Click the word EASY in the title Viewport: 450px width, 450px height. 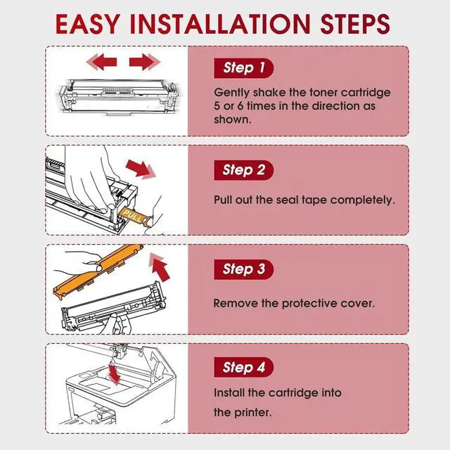[x=87, y=24]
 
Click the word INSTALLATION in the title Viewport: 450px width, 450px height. [x=220, y=24]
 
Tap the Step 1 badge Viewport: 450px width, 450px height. [x=244, y=68]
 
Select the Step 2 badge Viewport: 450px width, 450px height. [x=244, y=170]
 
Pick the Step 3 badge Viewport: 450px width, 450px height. [x=244, y=269]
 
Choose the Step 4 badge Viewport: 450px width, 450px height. [x=244, y=367]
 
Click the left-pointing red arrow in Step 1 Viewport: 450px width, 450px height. [x=101, y=62]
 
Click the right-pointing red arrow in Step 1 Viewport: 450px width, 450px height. [x=145, y=62]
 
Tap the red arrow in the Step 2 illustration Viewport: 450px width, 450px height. [x=141, y=169]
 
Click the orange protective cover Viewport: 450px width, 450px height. [x=98, y=271]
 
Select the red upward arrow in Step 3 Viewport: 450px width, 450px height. [x=160, y=267]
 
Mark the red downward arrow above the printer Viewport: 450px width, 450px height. [x=115, y=374]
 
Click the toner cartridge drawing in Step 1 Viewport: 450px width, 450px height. [x=119, y=98]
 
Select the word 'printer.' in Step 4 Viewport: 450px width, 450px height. [x=252, y=413]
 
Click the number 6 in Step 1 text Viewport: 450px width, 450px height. [x=240, y=106]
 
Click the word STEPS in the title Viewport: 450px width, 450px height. [x=355, y=24]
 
